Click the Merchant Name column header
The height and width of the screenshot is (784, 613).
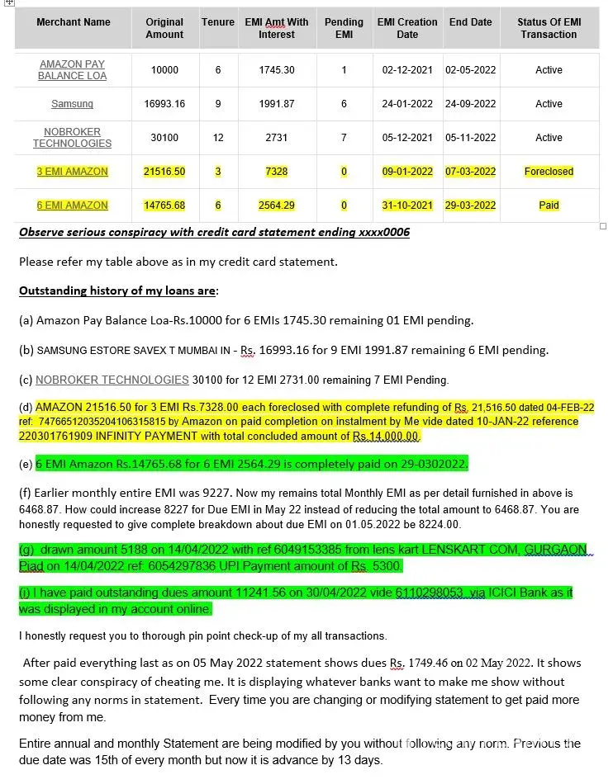(73, 22)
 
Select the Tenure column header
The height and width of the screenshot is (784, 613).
(218, 22)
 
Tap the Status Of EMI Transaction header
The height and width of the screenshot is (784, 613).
(549, 28)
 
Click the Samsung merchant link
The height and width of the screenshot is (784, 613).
(72, 104)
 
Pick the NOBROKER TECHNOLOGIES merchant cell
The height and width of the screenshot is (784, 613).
(72, 138)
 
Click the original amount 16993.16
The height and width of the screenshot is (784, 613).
(164, 104)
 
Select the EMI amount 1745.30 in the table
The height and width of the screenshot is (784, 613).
(276, 70)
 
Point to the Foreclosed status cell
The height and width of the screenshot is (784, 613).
(549, 172)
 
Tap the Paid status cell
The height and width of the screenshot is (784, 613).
(549, 205)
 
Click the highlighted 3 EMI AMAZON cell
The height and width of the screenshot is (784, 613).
(72, 172)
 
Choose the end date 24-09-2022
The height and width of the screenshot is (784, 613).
(470, 104)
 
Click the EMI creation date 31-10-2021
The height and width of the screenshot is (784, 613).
(407, 205)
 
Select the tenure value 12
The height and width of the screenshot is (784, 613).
(218, 138)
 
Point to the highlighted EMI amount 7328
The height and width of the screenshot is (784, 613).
(276, 172)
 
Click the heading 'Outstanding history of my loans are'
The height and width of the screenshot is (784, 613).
(118, 291)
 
